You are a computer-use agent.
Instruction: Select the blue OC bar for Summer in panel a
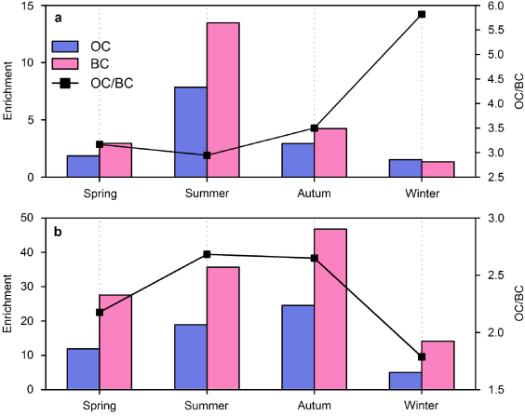click(190, 131)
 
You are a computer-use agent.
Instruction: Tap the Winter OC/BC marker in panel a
click(422, 14)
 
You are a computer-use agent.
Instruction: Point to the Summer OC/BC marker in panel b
click(207, 254)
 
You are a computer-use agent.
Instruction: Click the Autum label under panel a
click(314, 194)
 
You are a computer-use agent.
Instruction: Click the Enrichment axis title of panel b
click(8, 303)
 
